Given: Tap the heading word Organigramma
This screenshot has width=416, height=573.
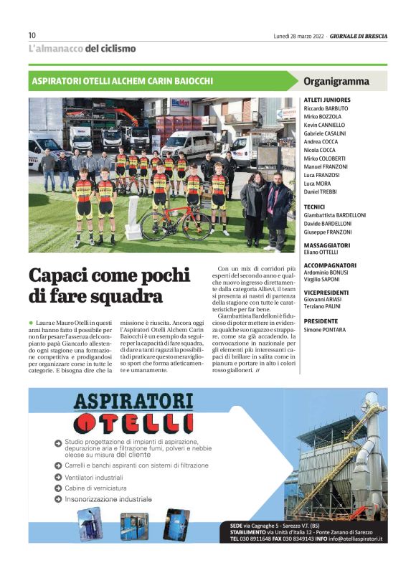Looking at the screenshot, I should [x=336, y=81].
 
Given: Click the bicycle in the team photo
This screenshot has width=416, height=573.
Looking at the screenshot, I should [x=176, y=224].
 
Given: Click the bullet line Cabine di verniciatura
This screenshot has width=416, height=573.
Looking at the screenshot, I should [x=98, y=488].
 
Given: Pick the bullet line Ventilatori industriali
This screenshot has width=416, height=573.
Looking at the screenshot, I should [x=94, y=476].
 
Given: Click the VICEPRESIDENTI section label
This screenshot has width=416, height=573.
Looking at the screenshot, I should [x=326, y=293].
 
